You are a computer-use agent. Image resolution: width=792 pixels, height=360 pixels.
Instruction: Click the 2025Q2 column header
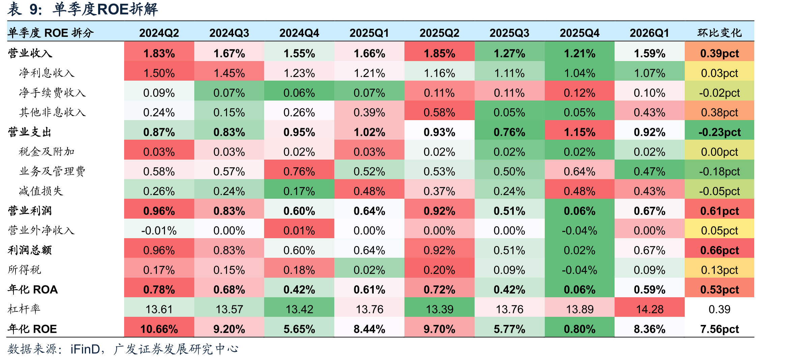click(x=439, y=33)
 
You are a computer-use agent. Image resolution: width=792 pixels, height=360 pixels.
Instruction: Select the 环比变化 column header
click(x=719, y=33)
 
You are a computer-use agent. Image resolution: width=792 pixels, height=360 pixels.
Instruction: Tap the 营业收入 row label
click(x=30, y=53)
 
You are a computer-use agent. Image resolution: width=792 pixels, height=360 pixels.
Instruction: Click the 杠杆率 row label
click(x=24, y=309)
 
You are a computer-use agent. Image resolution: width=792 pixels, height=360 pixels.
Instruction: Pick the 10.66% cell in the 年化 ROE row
click(x=159, y=329)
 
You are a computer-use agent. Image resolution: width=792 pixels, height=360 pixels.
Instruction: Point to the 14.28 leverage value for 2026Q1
click(x=650, y=309)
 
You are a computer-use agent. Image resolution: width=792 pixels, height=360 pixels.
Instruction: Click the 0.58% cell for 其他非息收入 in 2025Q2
click(x=439, y=112)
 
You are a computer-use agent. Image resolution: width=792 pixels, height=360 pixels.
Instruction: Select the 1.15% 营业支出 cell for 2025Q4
click(x=579, y=132)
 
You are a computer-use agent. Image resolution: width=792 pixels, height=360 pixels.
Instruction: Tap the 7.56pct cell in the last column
click(x=719, y=329)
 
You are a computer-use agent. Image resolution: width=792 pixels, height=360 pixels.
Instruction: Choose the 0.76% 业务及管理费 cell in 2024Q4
click(x=299, y=171)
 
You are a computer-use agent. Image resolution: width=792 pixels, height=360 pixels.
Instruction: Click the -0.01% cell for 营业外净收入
click(x=159, y=231)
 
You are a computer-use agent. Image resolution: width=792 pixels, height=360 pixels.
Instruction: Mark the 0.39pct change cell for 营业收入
click(x=719, y=53)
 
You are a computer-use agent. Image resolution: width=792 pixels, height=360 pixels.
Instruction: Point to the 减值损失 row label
click(x=41, y=191)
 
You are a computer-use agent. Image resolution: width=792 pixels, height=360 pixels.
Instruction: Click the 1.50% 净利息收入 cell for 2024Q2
click(x=159, y=73)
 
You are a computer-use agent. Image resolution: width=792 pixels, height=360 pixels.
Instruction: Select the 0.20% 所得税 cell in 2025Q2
click(x=439, y=270)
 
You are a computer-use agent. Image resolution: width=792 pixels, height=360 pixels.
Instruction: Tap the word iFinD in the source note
click(x=85, y=349)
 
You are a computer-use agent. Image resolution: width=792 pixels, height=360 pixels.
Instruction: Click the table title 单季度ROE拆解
click(x=105, y=9)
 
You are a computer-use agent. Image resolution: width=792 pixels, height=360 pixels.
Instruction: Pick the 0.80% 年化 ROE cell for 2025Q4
click(x=579, y=329)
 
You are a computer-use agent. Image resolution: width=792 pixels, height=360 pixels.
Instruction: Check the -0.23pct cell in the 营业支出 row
click(x=719, y=132)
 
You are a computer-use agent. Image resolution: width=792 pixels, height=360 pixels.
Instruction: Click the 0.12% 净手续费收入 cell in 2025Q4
click(x=579, y=93)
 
